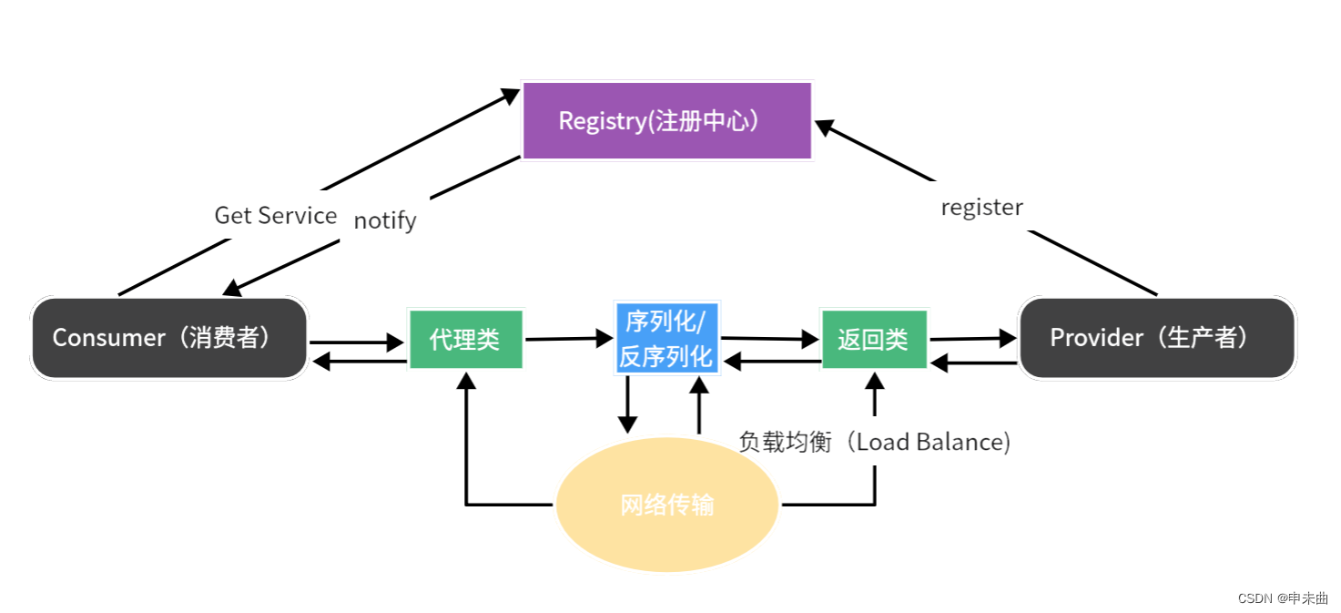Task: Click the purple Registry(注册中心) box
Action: point(666,121)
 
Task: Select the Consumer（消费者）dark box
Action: point(169,338)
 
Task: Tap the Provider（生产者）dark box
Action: point(1156,338)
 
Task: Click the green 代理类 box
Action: point(465,340)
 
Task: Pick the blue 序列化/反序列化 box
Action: point(667,338)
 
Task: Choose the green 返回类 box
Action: point(873,340)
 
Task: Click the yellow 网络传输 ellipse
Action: point(666,504)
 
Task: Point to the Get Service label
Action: point(275,216)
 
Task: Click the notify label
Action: point(384,220)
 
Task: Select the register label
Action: point(981,208)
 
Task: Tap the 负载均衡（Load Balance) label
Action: point(874,442)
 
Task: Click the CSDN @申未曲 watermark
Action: point(1282,598)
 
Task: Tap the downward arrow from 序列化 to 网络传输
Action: point(627,405)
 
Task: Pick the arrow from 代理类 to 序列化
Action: point(569,339)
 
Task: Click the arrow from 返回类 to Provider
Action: point(972,339)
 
